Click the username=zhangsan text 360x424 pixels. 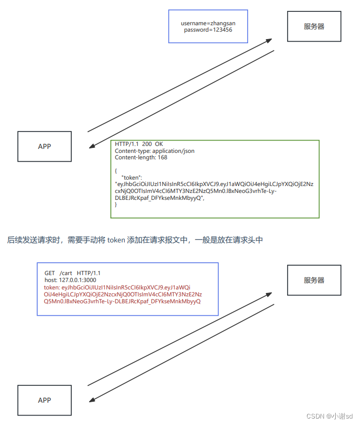pyautogui.click(x=208, y=23)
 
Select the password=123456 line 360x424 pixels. pyautogui.click(x=208, y=30)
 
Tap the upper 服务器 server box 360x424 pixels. pyautogui.click(x=314, y=27)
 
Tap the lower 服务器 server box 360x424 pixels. pyautogui.click(x=314, y=281)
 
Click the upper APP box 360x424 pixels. pyautogui.click(x=45, y=146)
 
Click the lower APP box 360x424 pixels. pyautogui.click(x=45, y=400)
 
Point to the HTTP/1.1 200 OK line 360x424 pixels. pyautogui.click(x=139, y=144)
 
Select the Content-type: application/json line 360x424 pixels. pyautogui.click(x=154, y=151)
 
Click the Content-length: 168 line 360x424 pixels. pyautogui.click(x=141, y=158)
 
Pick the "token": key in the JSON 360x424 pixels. pyautogui.click(x=132, y=177)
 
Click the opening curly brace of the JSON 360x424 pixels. pyautogui.click(x=116, y=170)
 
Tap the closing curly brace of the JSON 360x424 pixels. pyautogui.click(x=116, y=204)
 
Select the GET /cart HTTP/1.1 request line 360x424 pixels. pyautogui.click(x=72, y=273)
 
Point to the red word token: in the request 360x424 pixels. pyautogui.click(x=51, y=287)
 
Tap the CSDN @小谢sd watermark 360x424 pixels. pyautogui.click(x=329, y=417)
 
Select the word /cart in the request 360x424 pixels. pyautogui.click(x=65, y=273)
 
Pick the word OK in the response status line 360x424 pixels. pyautogui.click(x=158, y=144)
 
